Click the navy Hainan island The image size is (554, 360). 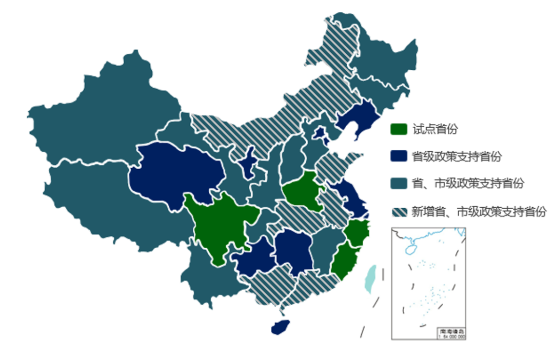pos(281,326)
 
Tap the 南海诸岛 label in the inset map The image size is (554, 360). pos(452,332)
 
